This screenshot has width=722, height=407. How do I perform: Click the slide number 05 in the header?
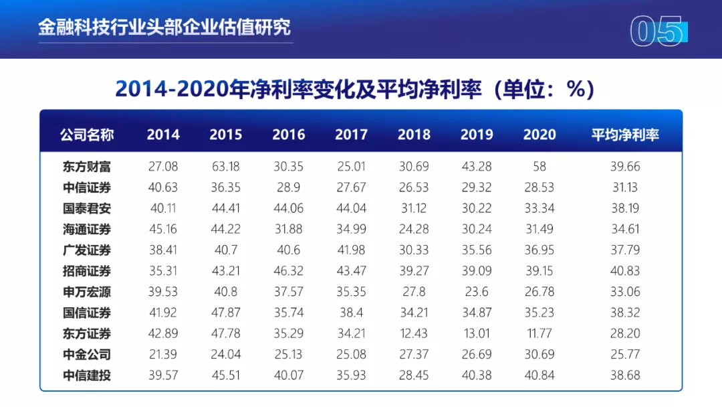657,32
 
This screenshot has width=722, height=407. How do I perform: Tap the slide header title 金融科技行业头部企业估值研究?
164,27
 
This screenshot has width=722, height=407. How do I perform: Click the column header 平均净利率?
625,135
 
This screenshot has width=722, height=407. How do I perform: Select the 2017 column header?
351,135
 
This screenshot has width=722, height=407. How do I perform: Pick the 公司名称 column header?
87,135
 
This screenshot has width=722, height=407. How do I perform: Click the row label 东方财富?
87,166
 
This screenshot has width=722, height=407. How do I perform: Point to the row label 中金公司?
87,354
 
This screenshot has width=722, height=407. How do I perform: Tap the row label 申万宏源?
87,292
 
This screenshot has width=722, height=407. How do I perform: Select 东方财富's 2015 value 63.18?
226,166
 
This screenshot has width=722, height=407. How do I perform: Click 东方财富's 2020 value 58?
539,166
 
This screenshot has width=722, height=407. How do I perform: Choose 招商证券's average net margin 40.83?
625,271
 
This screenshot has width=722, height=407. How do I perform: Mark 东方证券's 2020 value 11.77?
539,333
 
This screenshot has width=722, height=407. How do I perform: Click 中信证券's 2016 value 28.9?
289,187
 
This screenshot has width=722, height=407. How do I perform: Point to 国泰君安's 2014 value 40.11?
163,208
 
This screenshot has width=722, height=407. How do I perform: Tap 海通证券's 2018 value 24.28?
414,229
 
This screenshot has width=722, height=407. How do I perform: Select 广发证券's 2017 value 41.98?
351,250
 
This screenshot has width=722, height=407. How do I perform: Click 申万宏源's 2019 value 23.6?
477,292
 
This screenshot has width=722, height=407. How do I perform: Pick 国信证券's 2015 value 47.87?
226,313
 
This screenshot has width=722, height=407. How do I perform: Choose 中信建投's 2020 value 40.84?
539,375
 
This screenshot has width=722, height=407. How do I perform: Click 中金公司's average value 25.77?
625,354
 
